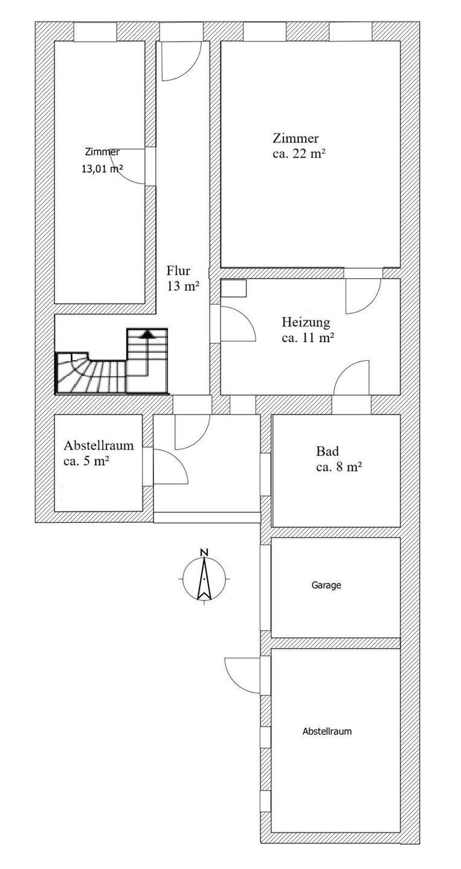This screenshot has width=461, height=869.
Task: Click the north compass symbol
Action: click(204, 578)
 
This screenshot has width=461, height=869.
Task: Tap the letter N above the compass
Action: click(204, 552)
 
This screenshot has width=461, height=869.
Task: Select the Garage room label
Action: click(326, 585)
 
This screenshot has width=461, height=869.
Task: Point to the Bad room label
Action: click(327, 451)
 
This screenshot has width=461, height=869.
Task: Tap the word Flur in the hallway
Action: click(178, 271)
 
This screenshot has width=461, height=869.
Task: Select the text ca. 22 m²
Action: click(299, 153)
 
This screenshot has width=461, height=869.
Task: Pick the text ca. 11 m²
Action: click(308, 337)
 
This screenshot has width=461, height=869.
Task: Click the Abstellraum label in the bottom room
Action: click(327, 731)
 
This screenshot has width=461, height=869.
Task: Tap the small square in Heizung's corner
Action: click(234, 288)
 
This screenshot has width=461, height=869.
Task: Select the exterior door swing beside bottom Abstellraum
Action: click(242, 675)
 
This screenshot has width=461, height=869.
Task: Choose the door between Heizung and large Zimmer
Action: click(363, 296)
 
